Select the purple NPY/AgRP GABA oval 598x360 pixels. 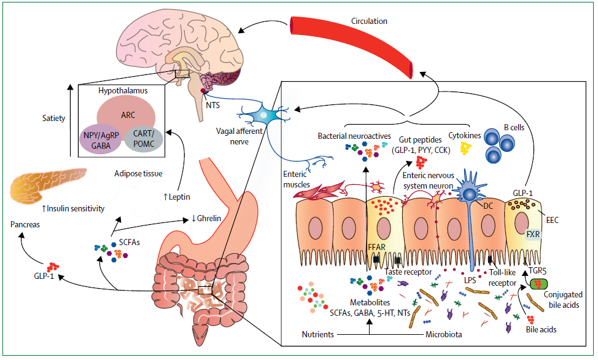pyautogui.click(x=101, y=140)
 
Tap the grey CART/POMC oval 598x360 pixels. pyautogui.click(x=144, y=139)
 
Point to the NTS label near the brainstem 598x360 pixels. pyautogui.click(x=213, y=105)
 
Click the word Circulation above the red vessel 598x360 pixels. pyautogui.click(x=369, y=21)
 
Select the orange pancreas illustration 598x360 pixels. pyautogui.click(x=47, y=184)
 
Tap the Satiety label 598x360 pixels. pyautogui.click(x=53, y=119)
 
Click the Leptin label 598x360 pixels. pyautogui.click(x=177, y=197)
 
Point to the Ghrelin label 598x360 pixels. pyautogui.click(x=206, y=218)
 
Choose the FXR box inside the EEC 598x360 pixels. pyautogui.click(x=533, y=234)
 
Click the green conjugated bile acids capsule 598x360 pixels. pyautogui.click(x=538, y=284)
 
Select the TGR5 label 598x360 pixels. pyautogui.click(x=537, y=272)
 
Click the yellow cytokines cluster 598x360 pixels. pyautogui.click(x=465, y=148)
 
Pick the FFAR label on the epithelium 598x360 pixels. pyautogui.click(x=376, y=248)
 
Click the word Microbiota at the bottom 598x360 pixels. pyautogui.click(x=443, y=335)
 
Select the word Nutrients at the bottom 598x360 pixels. pyautogui.click(x=317, y=335)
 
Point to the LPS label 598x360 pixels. pyautogui.click(x=470, y=280)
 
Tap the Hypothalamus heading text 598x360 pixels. pyautogui.click(x=123, y=91)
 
